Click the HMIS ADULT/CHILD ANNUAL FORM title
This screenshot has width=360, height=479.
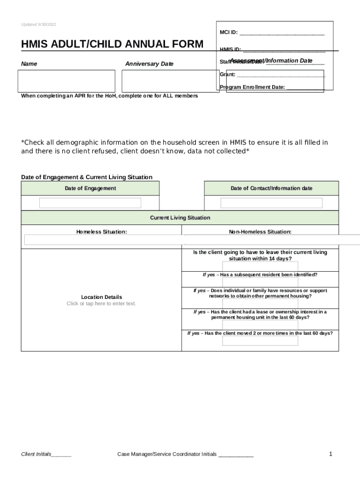coord(112,44)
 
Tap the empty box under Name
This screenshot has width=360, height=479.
coord(66,81)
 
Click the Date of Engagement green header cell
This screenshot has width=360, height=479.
coord(90,189)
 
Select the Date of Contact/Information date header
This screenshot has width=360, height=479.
coord(271,189)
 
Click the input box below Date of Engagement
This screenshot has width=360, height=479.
coord(90,203)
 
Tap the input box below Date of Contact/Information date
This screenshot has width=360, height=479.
coord(271,203)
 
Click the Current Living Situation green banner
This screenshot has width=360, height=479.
coord(180,218)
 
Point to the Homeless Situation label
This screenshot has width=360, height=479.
coord(101,232)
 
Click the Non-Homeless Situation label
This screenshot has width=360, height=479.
coord(260,232)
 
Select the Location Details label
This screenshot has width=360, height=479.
coord(101,297)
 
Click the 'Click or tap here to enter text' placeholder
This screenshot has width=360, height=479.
coord(101,304)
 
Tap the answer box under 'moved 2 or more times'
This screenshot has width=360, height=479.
coord(260,341)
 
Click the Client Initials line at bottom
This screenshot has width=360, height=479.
coord(46,454)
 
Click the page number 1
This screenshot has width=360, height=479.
coord(331,454)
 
